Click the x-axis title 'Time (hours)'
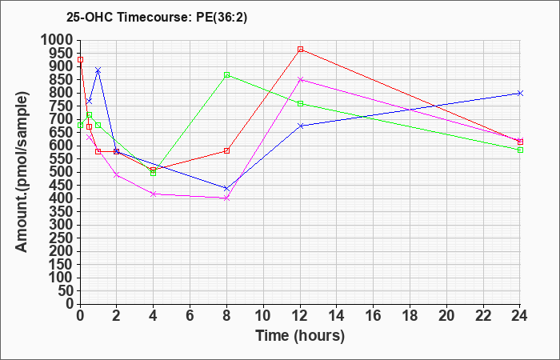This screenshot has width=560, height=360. click(300, 335)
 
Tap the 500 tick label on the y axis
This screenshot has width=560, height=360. click(62, 172)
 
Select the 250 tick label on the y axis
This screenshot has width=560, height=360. click(62, 238)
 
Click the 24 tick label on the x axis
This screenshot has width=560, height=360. click(520, 316)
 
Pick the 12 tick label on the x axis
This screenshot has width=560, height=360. click(300, 316)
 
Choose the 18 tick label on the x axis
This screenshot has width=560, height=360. click(410, 316)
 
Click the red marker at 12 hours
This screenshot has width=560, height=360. click(301, 50)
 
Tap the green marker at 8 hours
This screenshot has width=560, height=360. click(227, 75)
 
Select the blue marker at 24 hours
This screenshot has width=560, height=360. click(521, 93)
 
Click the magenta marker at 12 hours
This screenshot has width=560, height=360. click(301, 79)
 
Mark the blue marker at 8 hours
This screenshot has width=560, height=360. click(227, 189)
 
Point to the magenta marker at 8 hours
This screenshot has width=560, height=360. click(227, 198)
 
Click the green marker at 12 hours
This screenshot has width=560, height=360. click(301, 104)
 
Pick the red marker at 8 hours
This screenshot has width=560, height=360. click(227, 150)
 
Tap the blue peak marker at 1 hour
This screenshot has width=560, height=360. click(98, 70)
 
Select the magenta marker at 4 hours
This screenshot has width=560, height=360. click(154, 194)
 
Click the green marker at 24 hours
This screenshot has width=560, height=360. click(521, 150)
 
